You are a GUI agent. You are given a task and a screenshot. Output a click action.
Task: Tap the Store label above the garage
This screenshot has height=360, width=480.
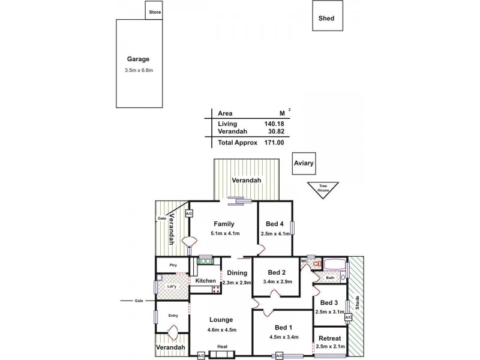[x=154, y=12]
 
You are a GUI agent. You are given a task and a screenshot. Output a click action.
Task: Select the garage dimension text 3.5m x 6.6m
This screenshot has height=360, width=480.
[x=139, y=70]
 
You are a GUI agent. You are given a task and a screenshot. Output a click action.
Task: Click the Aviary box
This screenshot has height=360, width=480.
[x=304, y=163]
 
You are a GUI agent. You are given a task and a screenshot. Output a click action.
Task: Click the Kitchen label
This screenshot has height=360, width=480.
[x=205, y=281]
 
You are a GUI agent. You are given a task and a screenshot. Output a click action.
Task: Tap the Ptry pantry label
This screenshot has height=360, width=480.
[x=173, y=265]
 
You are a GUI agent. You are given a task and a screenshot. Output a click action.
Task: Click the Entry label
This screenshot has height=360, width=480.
[x=173, y=316]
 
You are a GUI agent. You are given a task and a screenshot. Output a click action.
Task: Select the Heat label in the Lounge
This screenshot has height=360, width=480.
[x=223, y=347]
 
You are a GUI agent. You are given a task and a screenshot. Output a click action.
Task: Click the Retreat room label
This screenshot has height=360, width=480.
[x=330, y=338]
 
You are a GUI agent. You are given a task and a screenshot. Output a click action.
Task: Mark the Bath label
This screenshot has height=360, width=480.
[x=330, y=278]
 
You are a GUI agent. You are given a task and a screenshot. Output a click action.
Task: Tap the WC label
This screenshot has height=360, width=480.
[x=304, y=261]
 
